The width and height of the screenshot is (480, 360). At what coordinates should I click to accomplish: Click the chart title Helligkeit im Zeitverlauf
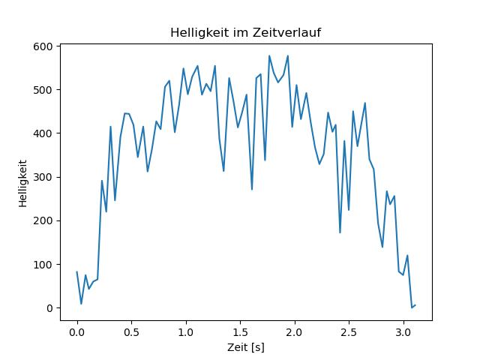[246, 33]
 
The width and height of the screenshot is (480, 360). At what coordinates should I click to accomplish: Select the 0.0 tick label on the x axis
[76, 330]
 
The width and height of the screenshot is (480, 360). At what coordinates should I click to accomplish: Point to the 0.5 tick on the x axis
[131, 330]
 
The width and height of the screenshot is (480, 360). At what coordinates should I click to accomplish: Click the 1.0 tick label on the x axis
[186, 330]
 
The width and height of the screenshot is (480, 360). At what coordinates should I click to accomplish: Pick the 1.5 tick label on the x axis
[240, 330]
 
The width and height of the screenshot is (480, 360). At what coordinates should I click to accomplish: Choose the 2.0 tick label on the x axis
[295, 330]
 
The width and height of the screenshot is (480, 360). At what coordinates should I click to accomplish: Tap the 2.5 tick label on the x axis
[349, 330]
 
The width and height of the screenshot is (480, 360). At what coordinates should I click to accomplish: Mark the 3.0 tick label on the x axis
[403, 330]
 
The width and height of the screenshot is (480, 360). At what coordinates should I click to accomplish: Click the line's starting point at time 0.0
[76, 272]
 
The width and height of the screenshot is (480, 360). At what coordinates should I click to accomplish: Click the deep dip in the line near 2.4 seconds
[340, 232]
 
